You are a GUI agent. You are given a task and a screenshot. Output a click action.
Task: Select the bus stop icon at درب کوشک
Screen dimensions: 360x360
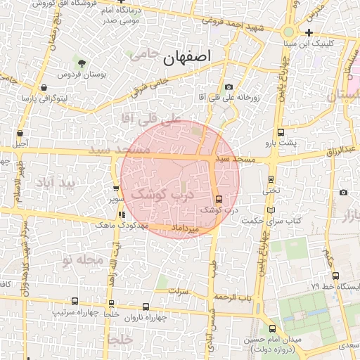(219, 199)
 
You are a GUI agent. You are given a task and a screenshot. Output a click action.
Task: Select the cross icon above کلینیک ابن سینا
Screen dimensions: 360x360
(309, 32)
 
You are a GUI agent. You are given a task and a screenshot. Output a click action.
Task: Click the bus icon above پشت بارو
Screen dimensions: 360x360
(281, 132)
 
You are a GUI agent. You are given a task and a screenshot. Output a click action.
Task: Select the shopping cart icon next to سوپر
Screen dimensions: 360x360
(116, 188)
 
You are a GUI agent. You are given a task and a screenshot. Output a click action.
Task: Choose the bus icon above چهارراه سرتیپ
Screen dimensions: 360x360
(75, 301)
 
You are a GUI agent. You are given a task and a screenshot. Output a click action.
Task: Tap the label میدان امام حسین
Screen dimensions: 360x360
(271, 340)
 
